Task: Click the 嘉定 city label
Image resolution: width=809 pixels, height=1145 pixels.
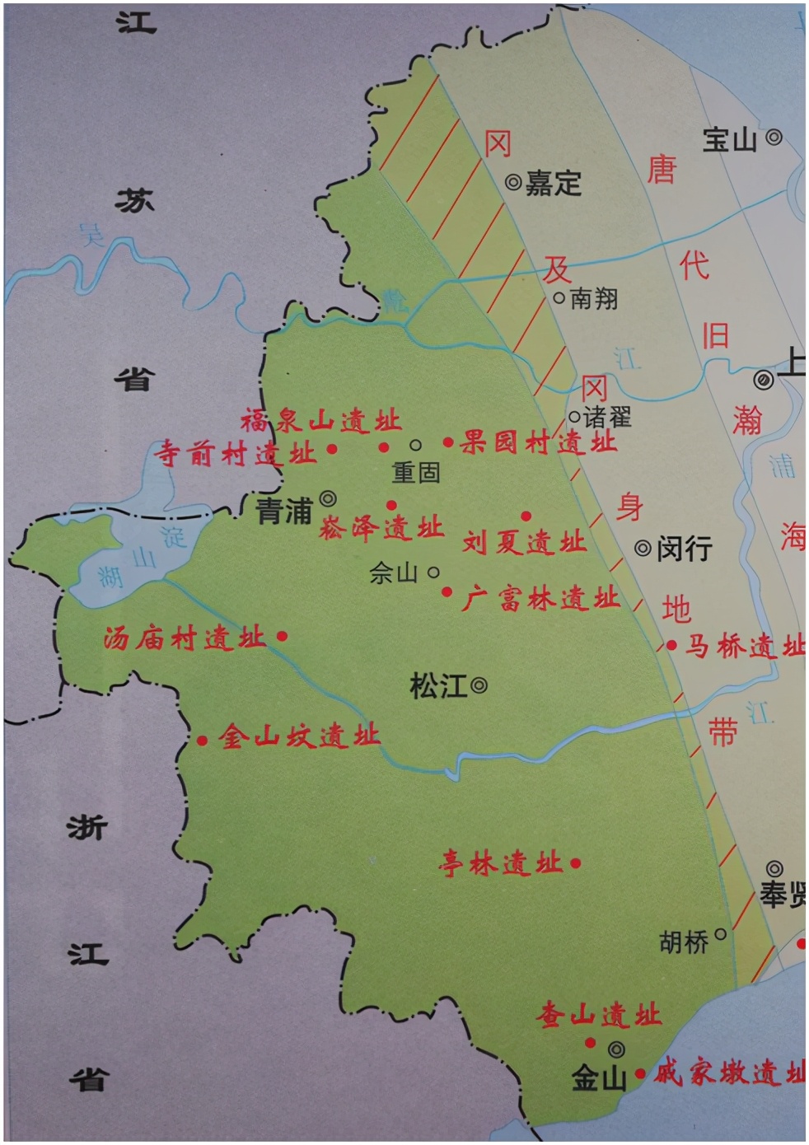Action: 554,183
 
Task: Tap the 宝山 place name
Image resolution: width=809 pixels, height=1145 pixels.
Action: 729,140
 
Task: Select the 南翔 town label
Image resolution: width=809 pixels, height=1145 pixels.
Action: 593,298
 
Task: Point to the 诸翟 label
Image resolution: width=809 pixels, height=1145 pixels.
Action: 607,417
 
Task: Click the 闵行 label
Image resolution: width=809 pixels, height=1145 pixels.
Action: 684,549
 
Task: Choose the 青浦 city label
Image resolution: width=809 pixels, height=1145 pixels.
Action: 284,512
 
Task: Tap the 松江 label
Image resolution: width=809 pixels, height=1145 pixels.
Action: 438,686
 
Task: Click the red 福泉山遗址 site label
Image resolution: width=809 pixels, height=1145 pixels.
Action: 320,422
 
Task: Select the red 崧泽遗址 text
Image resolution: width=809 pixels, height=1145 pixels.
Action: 381,528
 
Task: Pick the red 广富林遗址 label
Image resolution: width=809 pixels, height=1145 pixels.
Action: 540,599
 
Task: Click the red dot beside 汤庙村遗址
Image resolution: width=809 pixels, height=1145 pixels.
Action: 283,636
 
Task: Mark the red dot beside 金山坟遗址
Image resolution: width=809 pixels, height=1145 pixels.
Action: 203,741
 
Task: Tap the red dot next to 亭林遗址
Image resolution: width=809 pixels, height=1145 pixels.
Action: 576,863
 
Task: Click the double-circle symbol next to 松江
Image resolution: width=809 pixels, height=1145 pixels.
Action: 479,685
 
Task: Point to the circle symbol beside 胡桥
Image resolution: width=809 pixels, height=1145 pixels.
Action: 720,934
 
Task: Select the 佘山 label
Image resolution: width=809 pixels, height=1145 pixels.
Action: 394,573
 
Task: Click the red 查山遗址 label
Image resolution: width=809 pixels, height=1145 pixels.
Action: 599,1016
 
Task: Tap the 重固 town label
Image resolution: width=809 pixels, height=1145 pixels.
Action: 416,472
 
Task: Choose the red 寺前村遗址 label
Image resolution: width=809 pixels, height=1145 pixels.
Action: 236,453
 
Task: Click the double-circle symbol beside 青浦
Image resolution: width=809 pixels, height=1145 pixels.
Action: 328,498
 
